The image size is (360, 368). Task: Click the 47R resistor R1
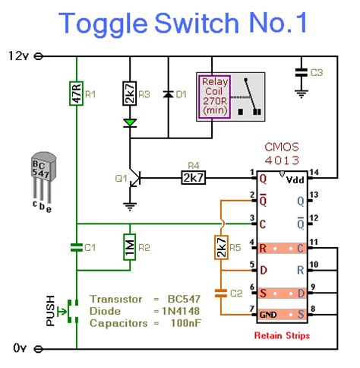coord(76,95)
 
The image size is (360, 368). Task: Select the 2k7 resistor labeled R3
coord(130,96)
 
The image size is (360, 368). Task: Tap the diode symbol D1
coord(166,96)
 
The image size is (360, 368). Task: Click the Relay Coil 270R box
coord(216,97)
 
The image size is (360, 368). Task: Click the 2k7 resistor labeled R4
coord(191,179)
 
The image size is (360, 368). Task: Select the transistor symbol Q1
coord(134,179)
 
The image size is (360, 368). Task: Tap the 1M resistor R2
coord(130,247)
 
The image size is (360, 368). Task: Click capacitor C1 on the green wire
coord(76,246)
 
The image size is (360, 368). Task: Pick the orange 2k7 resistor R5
coord(220,246)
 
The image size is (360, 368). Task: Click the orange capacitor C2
coord(220,293)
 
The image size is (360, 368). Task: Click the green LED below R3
coord(130,122)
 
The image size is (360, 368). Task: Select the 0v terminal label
coord(20,348)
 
